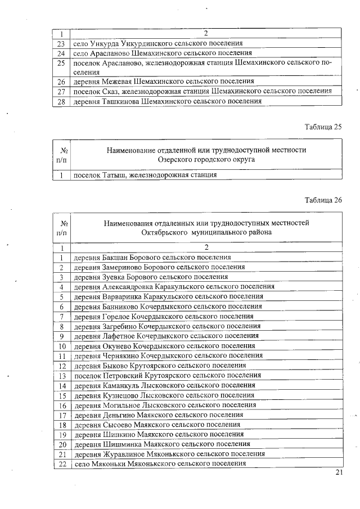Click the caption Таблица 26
tap(323, 200)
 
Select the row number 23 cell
tap(62, 43)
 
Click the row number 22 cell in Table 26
tap(62, 463)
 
